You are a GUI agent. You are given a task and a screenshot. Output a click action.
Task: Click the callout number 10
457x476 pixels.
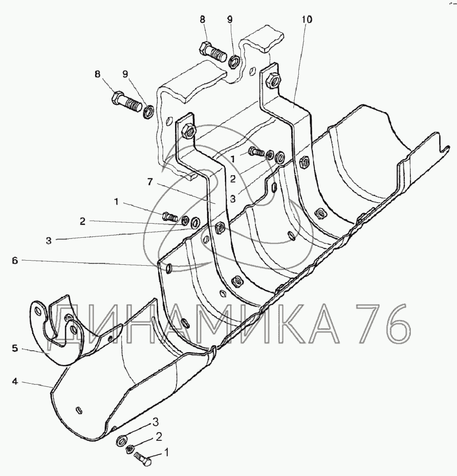coord(307,19)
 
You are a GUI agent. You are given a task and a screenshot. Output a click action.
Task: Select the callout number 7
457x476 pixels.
coord(150,182)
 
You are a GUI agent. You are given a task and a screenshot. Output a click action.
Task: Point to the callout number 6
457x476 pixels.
coord(15,261)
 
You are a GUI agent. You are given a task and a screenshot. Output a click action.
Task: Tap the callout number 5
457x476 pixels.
coord(15,348)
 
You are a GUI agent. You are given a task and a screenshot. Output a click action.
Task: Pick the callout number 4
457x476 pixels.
coord(15,381)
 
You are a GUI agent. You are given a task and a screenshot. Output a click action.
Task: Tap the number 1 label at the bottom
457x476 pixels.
coord(166,452)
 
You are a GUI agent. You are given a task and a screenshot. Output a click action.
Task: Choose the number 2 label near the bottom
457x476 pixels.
coord(159,437)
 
